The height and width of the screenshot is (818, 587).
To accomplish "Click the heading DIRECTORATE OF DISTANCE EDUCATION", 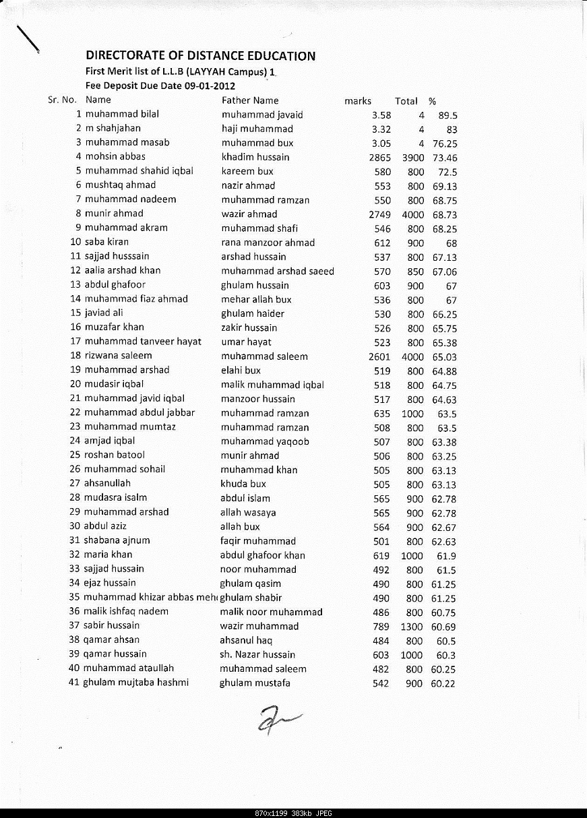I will coord(200,56).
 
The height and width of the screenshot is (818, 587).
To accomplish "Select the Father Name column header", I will coord(250,100).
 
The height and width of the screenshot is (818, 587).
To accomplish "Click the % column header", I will coord(432,101).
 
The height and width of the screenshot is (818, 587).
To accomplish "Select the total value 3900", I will coord(412,157).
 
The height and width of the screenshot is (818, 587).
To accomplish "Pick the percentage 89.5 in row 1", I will coord(447,115).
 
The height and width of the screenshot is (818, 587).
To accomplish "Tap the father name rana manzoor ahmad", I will coord(268,243).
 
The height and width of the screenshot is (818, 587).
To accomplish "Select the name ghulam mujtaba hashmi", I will coord(135,683).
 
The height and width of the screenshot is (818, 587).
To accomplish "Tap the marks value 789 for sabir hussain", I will coord(381,627).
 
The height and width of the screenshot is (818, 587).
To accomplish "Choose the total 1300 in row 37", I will coord(412,627).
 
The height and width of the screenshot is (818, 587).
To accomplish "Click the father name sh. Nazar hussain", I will coord(257,654).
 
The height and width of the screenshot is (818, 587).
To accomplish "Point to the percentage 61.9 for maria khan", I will coord(446,556).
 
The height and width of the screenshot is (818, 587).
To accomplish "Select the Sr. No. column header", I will coord(62,100).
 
